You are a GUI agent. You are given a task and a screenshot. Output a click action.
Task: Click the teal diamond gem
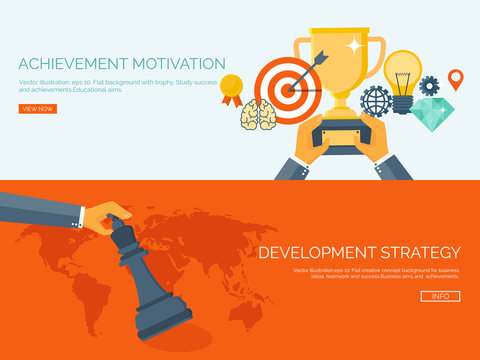[x=432, y=113]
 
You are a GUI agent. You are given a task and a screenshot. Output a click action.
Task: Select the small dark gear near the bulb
[x=430, y=86]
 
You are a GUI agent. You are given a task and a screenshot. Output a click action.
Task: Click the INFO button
[x=441, y=296]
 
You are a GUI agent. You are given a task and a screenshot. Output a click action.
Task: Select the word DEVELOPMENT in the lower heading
[x=319, y=252]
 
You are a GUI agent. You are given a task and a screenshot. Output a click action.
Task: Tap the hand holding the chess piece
[x=106, y=215]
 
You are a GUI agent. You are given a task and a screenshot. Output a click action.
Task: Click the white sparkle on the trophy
[x=353, y=45]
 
